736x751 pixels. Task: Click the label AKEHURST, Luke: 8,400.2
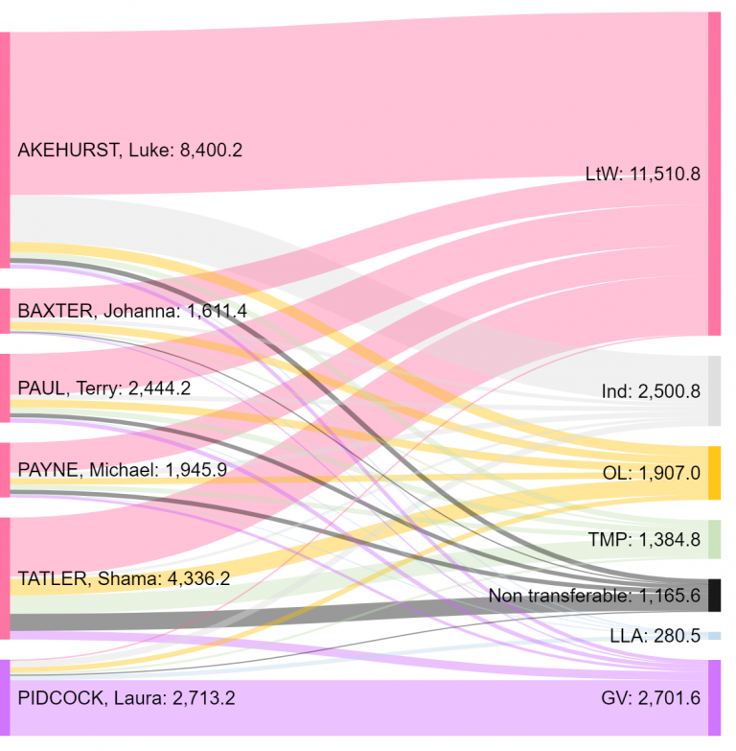pyautogui.click(x=129, y=151)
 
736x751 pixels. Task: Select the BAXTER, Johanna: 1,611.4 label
pyautogui.click(x=132, y=311)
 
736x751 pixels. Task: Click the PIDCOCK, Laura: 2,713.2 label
pyautogui.click(x=126, y=697)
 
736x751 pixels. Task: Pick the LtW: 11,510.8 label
pyautogui.click(x=643, y=175)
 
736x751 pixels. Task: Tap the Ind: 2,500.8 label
pyautogui.click(x=651, y=391)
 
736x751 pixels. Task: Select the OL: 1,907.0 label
pyautogui.click(x=651, y=473)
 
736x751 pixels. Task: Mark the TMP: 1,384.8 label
pyautogui.click(x=645, y=540)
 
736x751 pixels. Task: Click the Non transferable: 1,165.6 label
pyautogui.click(x=594, y=596)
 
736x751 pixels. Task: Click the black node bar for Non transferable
pyautogui.click(x=714, y=595)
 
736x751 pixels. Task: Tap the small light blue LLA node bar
pyautogui.click(x=714, y=636)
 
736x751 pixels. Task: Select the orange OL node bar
pyautogui.click(x=714, y=473)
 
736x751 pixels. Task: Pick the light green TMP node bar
pyautogui.click(x=714, y=539)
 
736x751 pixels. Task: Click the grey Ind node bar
pyautogui.click(x=714, y=390)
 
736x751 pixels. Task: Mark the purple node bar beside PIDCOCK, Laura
pyautogui.click(x=5, y=697)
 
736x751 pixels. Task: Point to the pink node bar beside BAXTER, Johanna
pyautogui.click(x=5, y=311)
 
